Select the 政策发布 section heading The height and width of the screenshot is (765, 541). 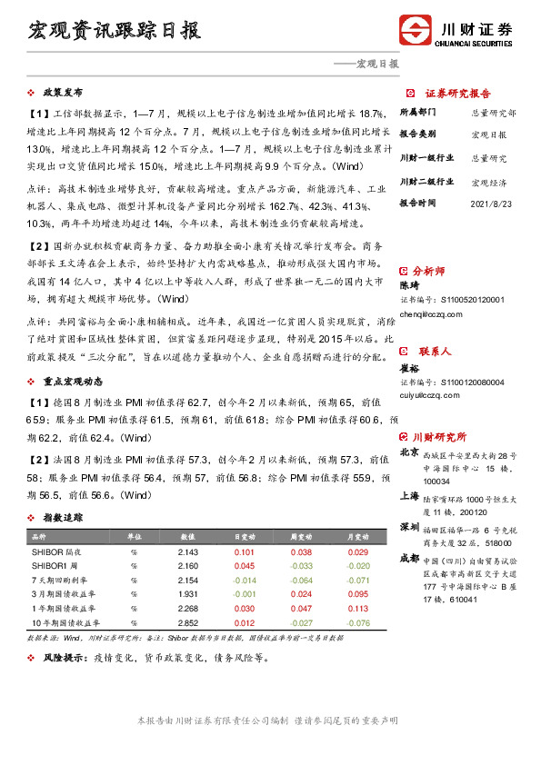(x=63, y=93)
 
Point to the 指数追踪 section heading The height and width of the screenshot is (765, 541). (x=63, y=517)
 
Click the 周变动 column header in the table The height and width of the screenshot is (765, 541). (x=300, y=538)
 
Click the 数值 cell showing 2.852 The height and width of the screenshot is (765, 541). (x=188, y=622)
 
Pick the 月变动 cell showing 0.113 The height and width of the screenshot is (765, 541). (x=357, y=609)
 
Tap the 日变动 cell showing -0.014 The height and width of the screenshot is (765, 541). (x=244, y=580)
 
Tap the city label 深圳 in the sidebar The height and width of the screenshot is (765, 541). (x=409, y=528)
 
